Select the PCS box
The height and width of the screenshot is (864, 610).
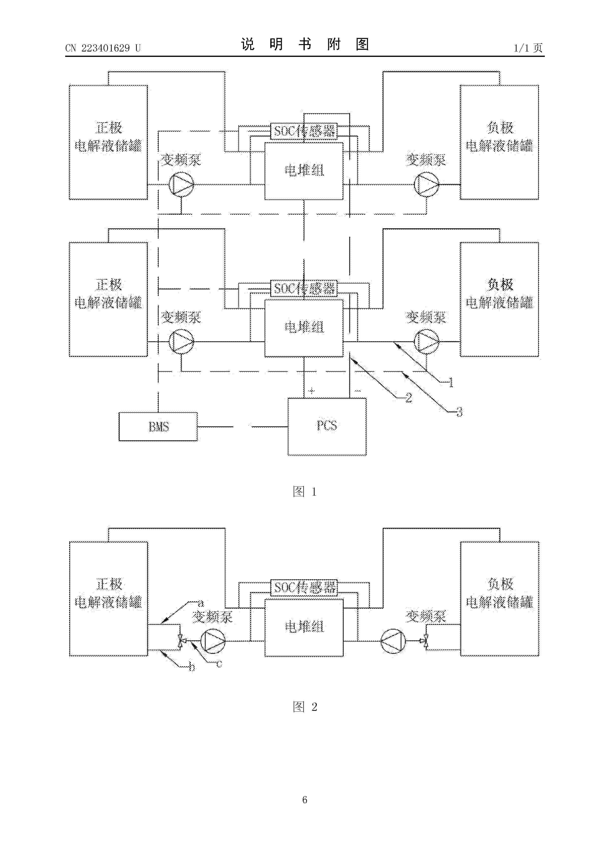327,426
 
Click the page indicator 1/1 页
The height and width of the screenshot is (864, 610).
528,48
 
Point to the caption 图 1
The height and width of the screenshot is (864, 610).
305,491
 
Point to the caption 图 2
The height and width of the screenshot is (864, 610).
305,707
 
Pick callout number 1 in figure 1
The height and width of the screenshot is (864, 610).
451,383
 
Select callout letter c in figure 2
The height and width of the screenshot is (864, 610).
219,664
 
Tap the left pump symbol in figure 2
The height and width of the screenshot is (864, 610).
213,641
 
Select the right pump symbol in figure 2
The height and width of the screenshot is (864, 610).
393,641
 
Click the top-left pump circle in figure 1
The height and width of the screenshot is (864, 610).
181,184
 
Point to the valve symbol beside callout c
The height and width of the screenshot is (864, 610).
182,641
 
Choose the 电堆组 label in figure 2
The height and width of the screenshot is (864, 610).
304,627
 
